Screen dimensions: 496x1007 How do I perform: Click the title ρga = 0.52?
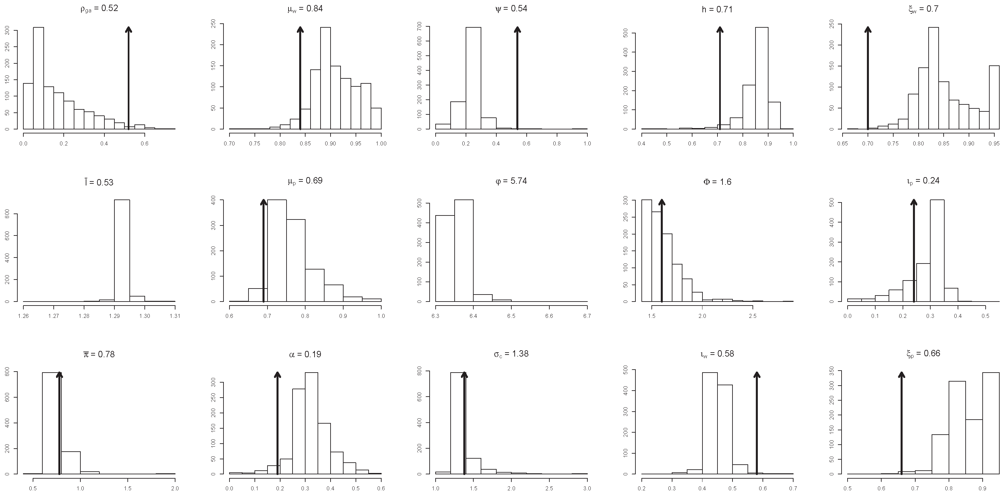[99, 8]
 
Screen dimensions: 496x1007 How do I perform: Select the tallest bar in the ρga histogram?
[38, 78]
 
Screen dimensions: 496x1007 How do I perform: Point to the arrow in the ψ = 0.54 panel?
[517, 78]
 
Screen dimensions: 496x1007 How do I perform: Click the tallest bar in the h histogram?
[762, 78]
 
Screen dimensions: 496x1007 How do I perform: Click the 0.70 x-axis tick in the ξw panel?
[868, 143]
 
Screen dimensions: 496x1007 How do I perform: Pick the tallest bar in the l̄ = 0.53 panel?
[122, 250]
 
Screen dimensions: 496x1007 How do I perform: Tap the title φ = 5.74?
[511, 181]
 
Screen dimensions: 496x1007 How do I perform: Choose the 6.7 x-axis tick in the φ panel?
[587, 316]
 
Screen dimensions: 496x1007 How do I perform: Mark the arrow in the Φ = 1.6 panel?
[661, 250]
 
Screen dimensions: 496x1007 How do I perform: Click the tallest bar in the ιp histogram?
[937, 250]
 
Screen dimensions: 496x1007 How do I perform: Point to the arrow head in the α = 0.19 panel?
[277, 375]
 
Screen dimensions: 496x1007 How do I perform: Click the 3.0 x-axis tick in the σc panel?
[587, 488]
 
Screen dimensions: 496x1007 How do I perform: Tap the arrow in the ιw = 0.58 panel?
[757, 422]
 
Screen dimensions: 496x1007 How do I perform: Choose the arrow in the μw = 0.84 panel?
[300, 78]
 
